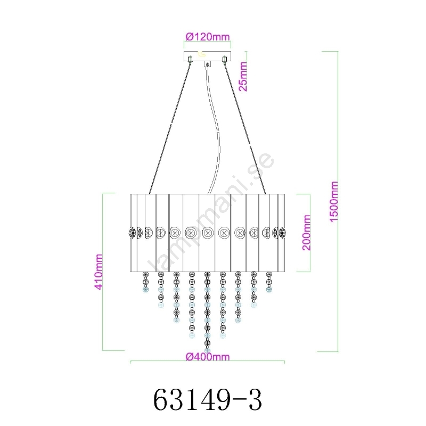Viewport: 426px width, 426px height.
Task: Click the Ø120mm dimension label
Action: click(208, 37)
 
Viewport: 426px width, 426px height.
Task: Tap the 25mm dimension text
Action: click(243, 76)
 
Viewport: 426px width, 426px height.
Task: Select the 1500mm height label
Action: click(334, 202)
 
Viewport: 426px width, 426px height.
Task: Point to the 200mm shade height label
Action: click(306, 233)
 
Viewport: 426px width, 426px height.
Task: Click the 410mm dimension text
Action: click(99, 272)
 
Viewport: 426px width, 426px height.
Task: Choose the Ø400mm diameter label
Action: click(208, 356)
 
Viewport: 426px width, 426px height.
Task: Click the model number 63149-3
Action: click(208, 400)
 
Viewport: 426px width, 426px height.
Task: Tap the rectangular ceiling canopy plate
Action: click(207, 56)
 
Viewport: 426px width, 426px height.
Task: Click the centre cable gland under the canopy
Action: click(208, 64)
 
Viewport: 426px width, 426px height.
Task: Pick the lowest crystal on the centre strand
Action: click(208, 351)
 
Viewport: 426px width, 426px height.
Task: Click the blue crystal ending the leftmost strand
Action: click(145, 290)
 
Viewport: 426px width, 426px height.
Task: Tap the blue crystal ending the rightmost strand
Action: click(269, 290)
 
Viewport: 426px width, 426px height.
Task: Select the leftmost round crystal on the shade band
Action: click(132, 233)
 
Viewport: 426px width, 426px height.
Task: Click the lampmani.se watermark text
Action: click(210, 212)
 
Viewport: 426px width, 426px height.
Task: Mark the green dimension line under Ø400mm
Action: click(207, 362)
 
